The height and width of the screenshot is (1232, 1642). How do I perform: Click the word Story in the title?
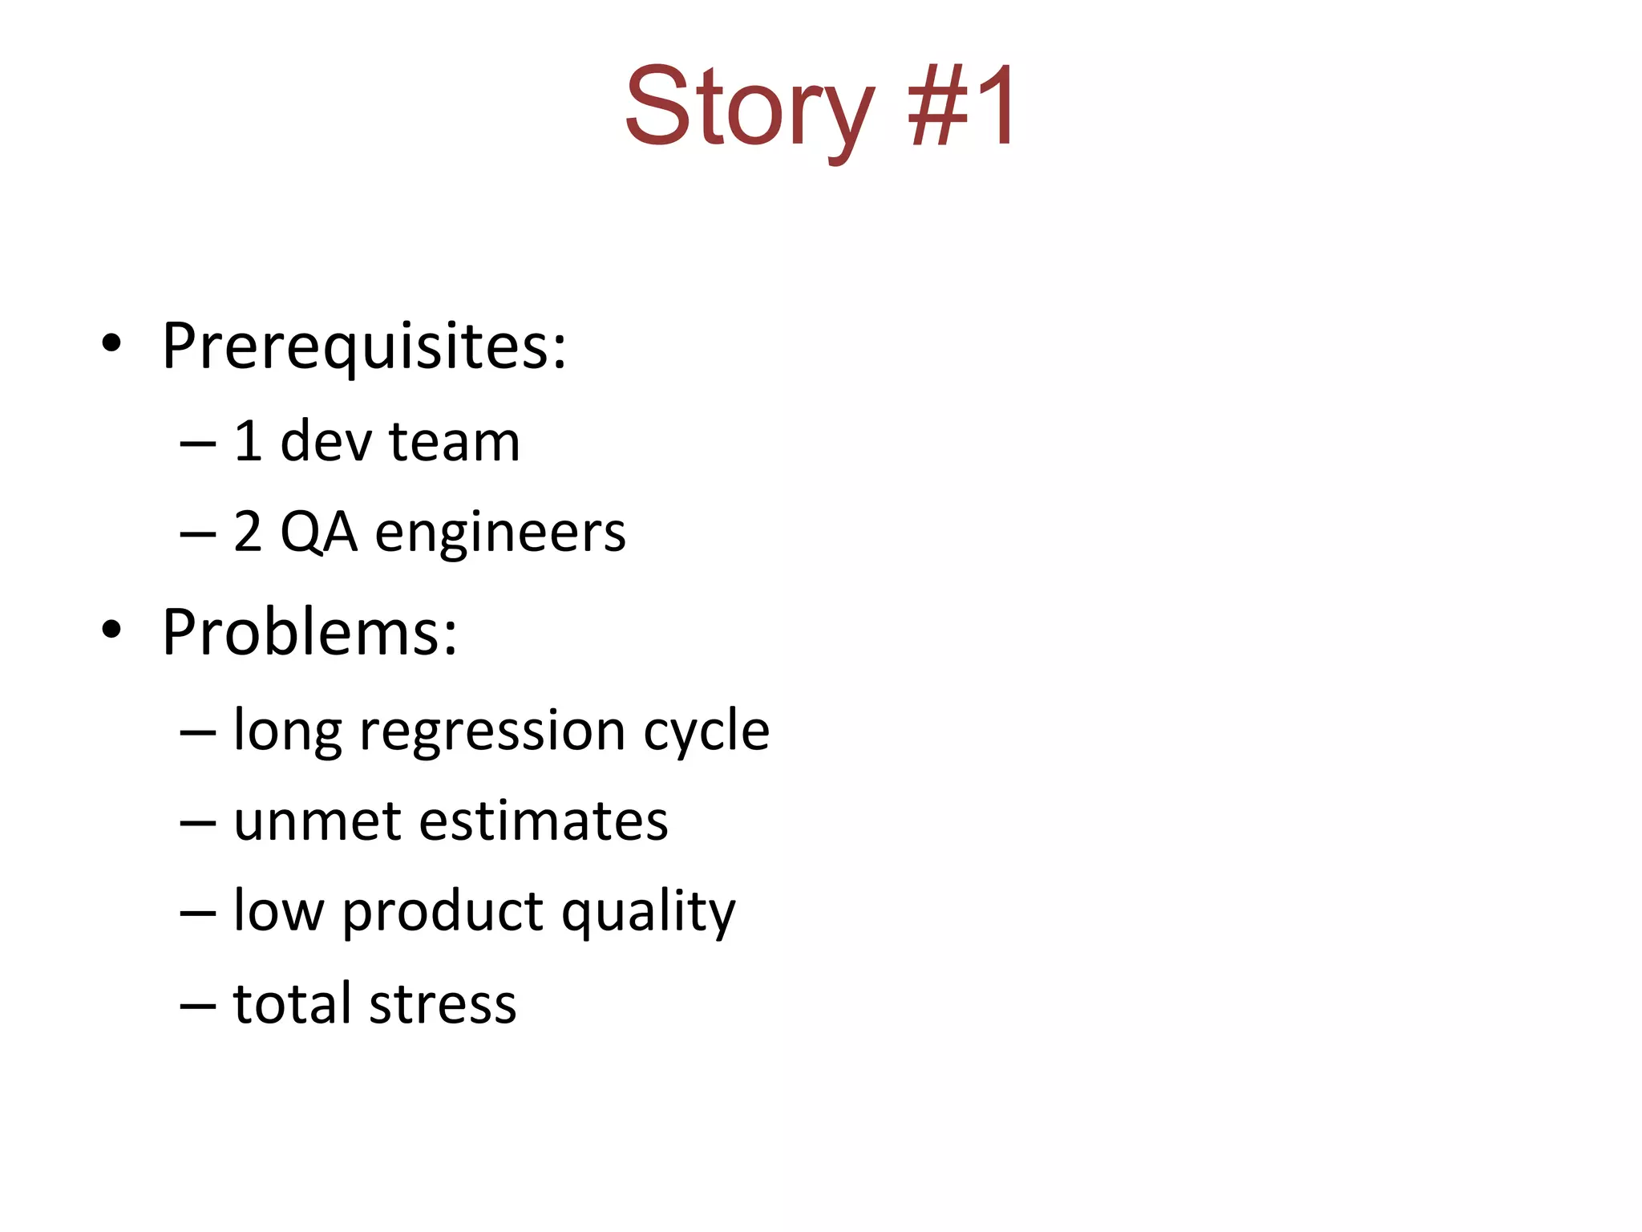pos(749,108)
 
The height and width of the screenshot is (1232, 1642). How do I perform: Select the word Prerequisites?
pos(364,346)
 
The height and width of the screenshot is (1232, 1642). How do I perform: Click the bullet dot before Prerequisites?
pos(111,344)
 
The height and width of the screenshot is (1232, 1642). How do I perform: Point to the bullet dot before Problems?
pos(111,630)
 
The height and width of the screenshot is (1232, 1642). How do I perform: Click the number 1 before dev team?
pos(248,441)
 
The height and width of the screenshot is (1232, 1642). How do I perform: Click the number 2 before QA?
pos(248,532)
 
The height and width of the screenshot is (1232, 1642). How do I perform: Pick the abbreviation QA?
pos(318,532)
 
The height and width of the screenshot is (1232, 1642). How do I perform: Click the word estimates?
pos(544,821)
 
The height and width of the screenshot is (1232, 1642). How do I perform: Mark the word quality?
pos(648,913)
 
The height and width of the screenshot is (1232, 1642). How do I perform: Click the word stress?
pos(443,1003)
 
